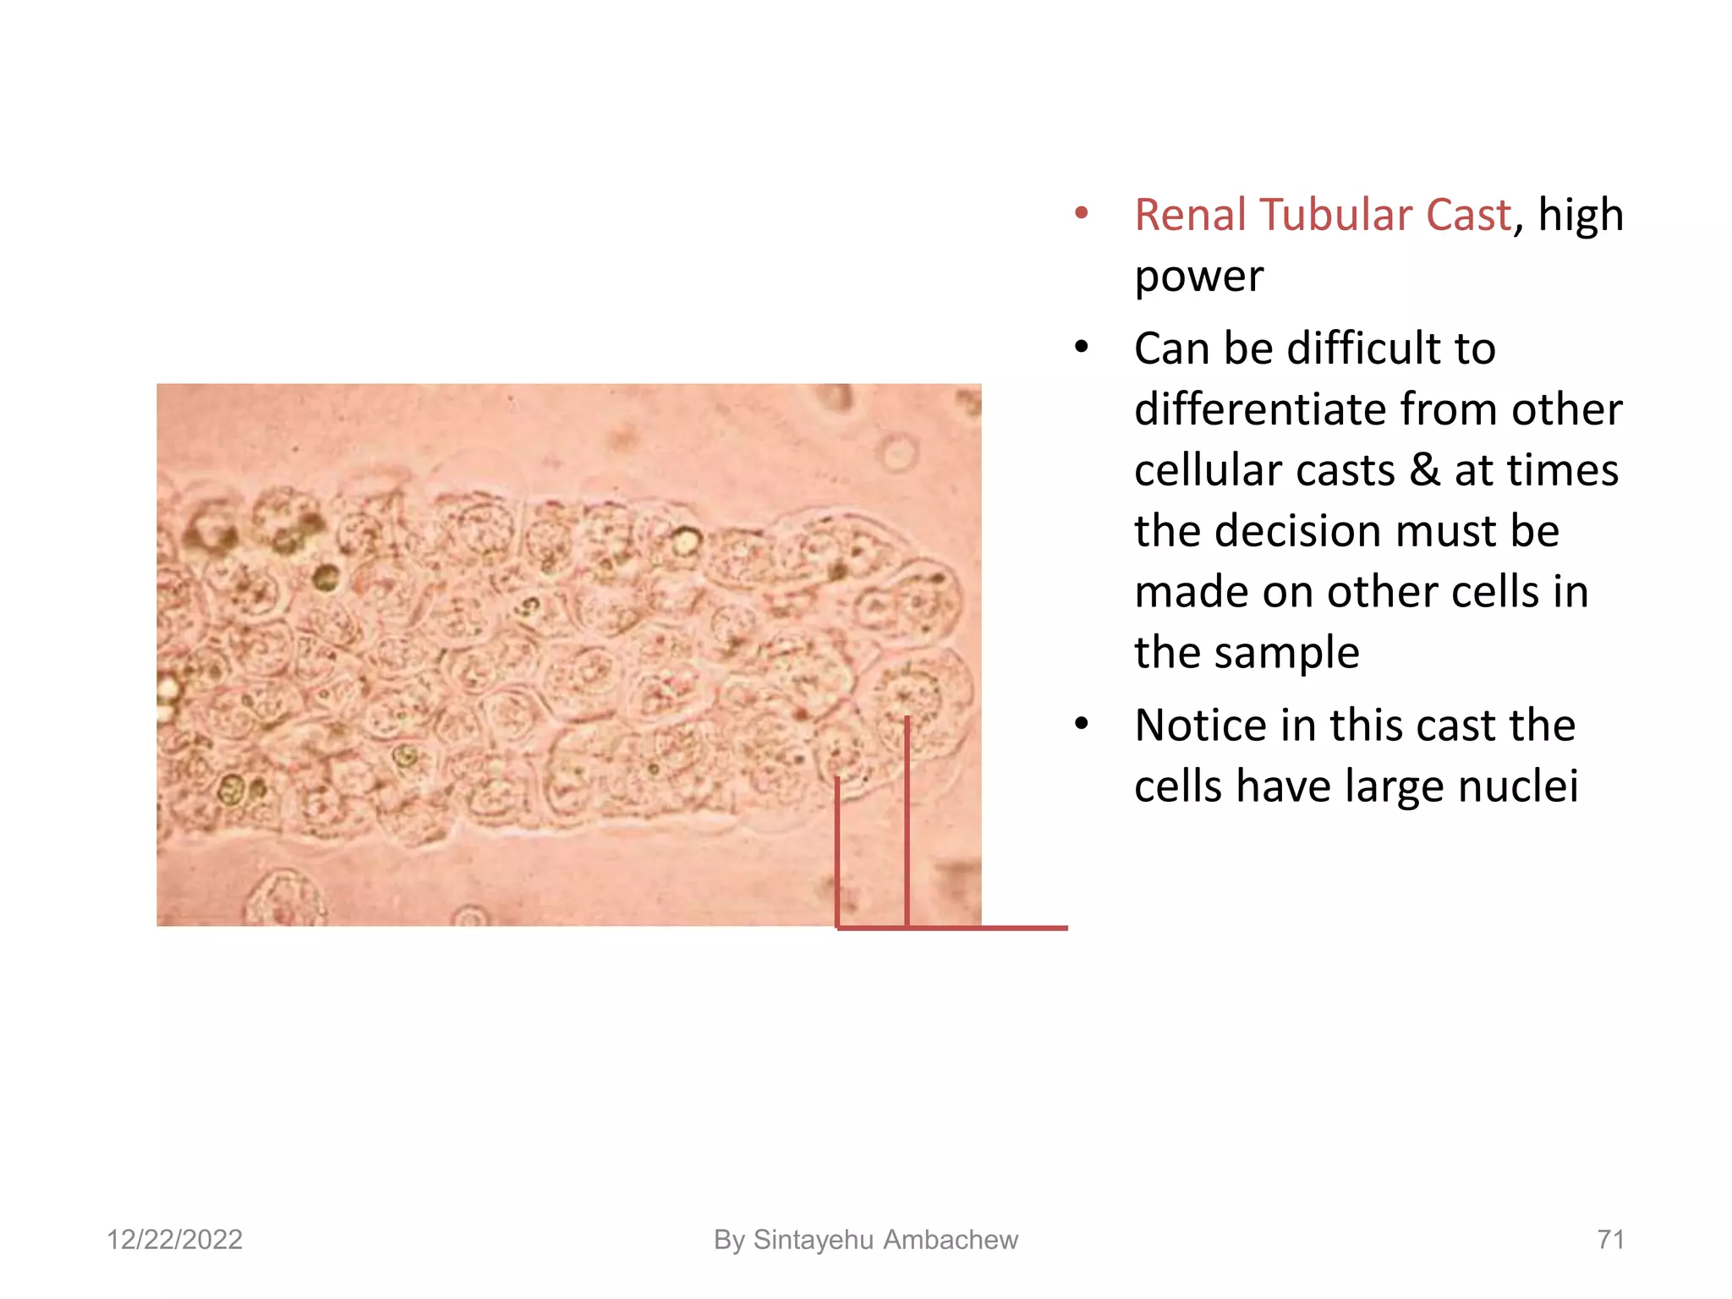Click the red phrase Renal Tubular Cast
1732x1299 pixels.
pos(1322,215)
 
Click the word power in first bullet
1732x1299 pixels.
pos(1198,276)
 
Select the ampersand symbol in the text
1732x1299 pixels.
pos(1424,470)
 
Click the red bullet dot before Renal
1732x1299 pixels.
pos(1081,213)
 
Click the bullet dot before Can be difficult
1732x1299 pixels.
pos(1081,347)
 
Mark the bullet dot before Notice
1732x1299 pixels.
pos(1081,724)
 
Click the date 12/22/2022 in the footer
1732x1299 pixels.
pos(174,1240)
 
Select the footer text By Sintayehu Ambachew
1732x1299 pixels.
pos(865,1240)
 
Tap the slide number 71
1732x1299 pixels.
pos(1610,1240)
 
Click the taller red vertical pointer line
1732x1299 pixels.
pos(907,820)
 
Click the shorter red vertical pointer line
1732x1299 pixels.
pos(837,850)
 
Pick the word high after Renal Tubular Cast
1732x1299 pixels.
pos(1580,215)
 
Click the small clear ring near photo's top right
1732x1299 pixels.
pos(898,452)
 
